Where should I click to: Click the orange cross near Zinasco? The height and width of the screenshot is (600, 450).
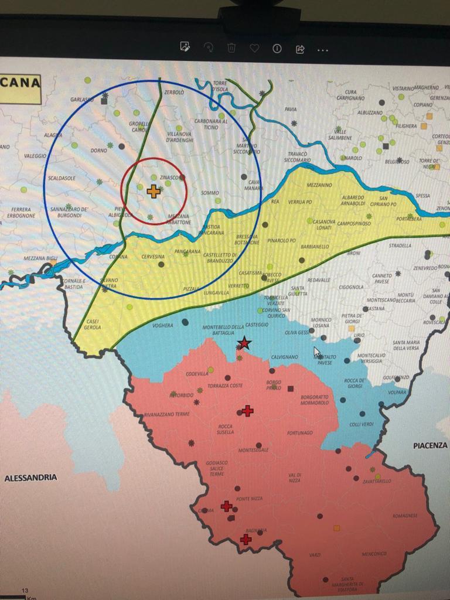(x=153, y=191)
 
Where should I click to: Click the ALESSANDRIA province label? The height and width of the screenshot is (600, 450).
(x=31, y=478)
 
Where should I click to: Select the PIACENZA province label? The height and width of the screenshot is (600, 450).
(x=430, y=445)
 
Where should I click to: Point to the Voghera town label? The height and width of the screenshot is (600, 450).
(x=162, y=325)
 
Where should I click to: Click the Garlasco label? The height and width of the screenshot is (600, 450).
(x=81, y=100)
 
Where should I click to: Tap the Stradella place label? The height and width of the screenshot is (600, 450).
(x=400, y=246)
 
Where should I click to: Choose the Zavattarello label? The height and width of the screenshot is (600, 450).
(x=377, y=481)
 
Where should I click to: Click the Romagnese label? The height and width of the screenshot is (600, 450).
(x=405, y=516)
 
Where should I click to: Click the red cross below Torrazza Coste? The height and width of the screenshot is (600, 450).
(x=248, y=411)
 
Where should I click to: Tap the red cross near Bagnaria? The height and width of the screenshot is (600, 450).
(x=246, y=539)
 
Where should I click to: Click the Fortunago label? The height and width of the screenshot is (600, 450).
(x=300, y=434)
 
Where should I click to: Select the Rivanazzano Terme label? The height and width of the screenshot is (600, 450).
(x=167, y=415)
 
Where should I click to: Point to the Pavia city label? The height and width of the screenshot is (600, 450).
(x=291, y=109)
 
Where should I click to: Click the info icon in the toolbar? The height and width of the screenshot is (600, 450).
(x=277, y=48)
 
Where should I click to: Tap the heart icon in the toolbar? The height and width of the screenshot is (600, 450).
(x=254, y=48)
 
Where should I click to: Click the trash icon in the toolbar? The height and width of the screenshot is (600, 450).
(x=231, y=48)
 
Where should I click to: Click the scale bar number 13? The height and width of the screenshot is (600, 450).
(x=25, y=591)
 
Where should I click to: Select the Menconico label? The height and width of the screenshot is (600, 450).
(x=374, y=554)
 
